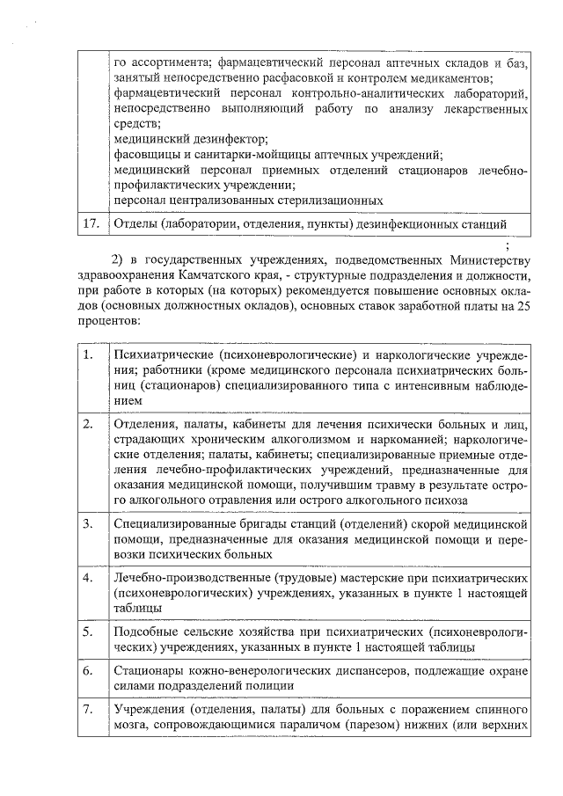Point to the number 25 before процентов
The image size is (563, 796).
click(x=523, y=304)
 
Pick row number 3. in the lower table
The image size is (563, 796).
click(x=87, y=524)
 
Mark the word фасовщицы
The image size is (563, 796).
click(x=147, y=155)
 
